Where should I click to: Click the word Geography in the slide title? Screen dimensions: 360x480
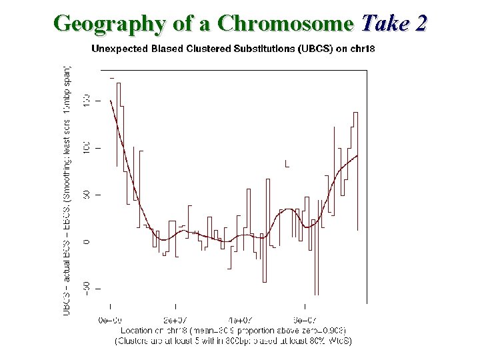pos(109,23)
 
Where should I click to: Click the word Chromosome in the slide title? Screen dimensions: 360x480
pos(285,23)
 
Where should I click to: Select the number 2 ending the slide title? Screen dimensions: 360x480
pos(419,23)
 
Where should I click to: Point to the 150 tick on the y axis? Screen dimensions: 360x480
pos(86,101)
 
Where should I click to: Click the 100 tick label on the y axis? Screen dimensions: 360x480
pos(86,147)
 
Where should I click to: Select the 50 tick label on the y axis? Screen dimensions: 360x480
pos(86,195)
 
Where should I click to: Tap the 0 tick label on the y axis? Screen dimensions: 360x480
pos(86,241)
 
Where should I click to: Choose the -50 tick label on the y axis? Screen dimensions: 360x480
pos(86,288)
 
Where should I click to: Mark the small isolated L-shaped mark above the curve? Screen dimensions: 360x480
pos(287,163)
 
